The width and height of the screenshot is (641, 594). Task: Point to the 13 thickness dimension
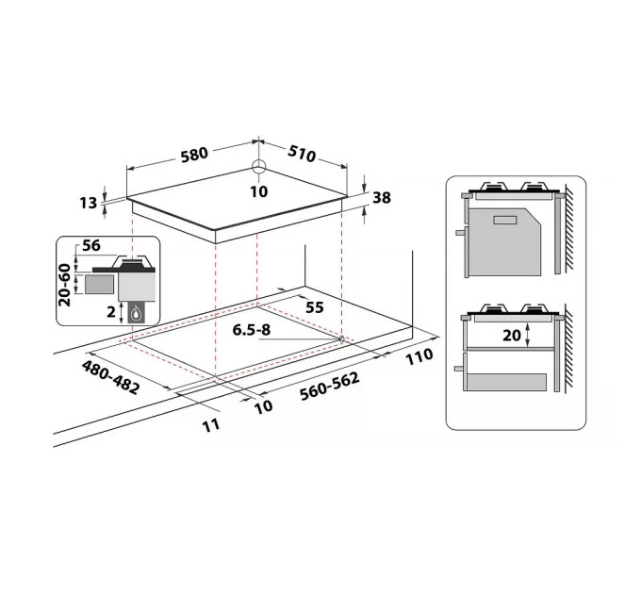89,203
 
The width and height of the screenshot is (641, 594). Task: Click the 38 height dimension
381,198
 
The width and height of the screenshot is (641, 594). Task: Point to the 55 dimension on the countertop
315,307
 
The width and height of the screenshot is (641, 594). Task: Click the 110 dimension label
419,355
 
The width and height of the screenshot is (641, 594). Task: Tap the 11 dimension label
210,424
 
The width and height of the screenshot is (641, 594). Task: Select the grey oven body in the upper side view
504,242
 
